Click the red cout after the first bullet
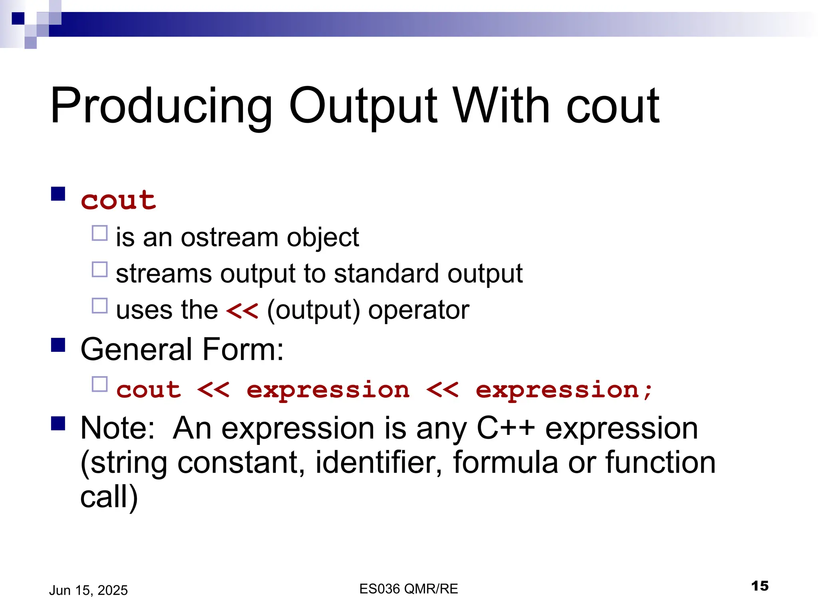tap(119, 200)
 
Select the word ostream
tap(230, 237)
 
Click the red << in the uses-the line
tap(242, 310)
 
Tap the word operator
tap(418, 311)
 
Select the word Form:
tap(243, 349)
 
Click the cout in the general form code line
tap(149, 390)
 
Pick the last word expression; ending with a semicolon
tap(564, 391)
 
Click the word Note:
tap(117, 428)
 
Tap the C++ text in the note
tap(506, 428)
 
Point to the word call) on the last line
tap(109, 497)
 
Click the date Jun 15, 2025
tap(88, 590)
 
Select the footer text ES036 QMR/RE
tap(409, 589)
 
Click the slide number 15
tap(760, 586)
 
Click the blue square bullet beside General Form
tap(58, 345)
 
